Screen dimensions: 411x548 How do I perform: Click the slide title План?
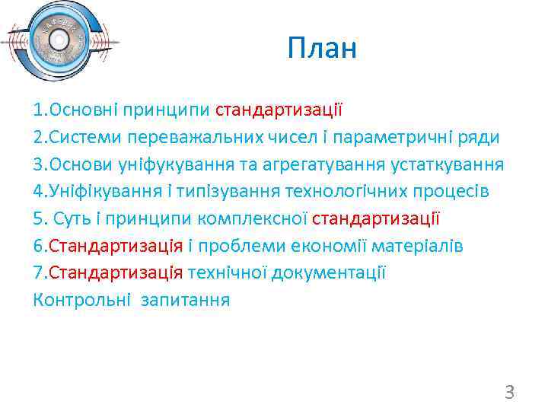pyautogui.click(x=322, y=50)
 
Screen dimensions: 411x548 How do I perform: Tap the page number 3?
pyautogui.click(x=509, y=393)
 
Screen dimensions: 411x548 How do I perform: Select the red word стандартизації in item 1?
pyautogui.click(x=279, y=110)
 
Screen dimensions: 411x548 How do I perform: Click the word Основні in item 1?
pyautogui.click(x=81, y=110)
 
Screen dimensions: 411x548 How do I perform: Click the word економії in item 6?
pyautogui.click(x=326, y=246)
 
